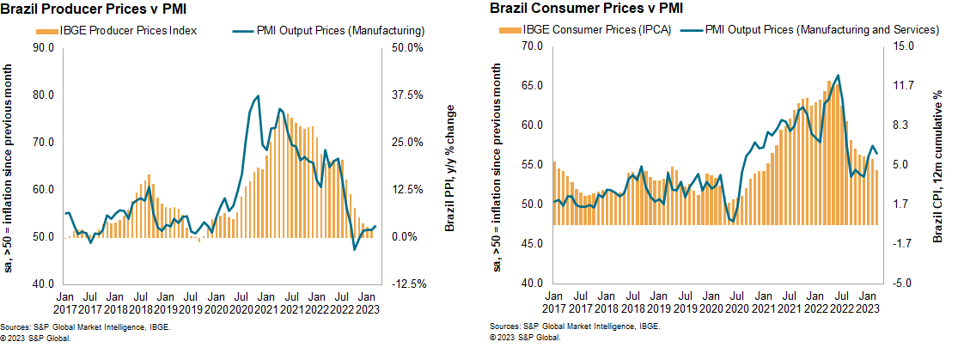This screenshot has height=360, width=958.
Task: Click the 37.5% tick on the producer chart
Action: tap(406, 95)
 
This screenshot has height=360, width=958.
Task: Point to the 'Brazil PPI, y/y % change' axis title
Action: tap(449, 167)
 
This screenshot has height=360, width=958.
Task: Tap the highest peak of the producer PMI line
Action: tap(259, 96)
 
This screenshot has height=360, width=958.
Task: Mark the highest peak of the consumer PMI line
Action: tap(837, 76)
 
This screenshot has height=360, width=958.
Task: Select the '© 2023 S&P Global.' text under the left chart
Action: tap(36, 338)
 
